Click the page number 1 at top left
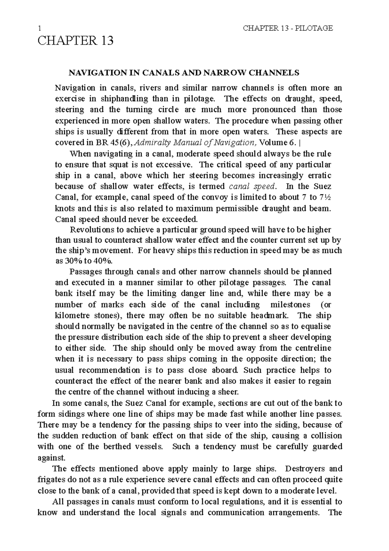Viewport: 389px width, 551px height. [40, 28]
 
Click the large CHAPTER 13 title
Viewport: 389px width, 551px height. [76, 41]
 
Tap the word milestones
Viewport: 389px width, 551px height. [290, 305]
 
